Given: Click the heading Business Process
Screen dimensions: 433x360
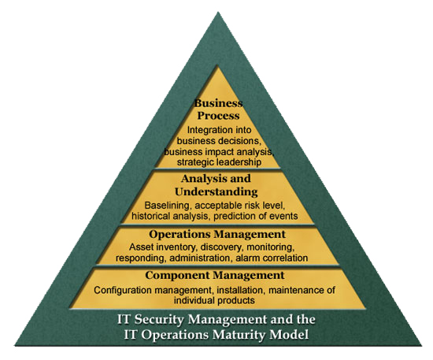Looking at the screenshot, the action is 218,109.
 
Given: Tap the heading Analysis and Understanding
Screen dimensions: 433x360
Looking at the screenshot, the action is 216,185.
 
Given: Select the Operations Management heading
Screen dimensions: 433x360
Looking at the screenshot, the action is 217,234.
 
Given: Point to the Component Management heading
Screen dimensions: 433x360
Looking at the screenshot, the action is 215,275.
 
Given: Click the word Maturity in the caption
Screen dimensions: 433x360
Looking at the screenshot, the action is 239,335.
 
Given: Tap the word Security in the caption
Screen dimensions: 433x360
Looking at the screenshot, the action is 159,320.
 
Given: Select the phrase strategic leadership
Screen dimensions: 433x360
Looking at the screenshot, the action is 219,162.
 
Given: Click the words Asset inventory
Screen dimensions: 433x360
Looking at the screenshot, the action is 163,247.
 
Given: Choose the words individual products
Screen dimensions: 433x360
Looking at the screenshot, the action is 214,300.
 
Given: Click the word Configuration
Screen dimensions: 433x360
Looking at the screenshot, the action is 123,290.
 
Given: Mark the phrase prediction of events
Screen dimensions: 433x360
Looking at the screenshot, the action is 256,216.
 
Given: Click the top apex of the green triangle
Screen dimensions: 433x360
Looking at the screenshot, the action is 218,12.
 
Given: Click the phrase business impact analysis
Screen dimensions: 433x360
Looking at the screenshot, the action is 219,151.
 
